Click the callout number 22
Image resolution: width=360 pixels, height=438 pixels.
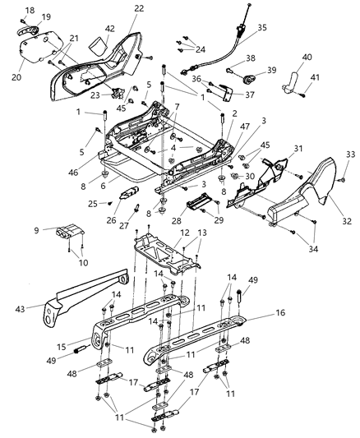(x=139, y=8)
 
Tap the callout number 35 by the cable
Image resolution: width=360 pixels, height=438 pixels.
(x=261, y=27)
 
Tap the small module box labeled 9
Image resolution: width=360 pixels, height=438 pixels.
(x=68, y=232)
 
